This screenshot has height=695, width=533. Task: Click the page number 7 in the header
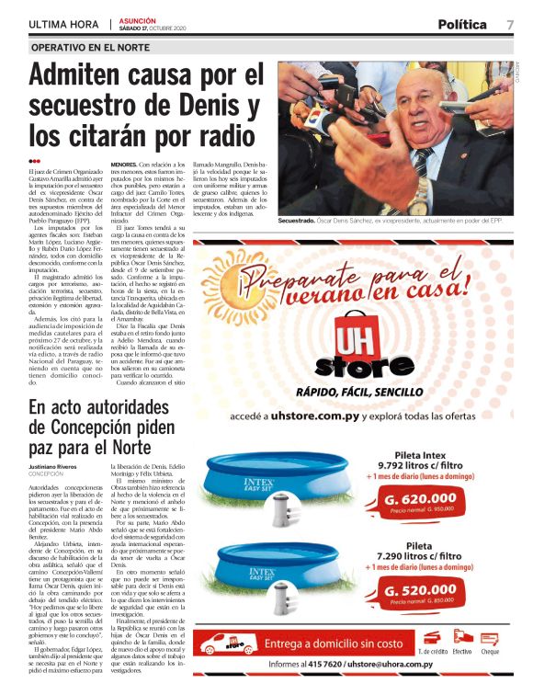(509, 24)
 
